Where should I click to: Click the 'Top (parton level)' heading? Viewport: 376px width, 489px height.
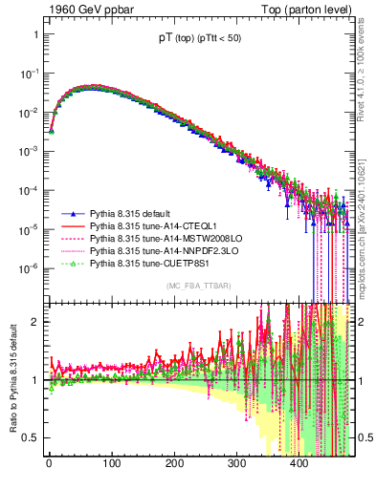(313, 11)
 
